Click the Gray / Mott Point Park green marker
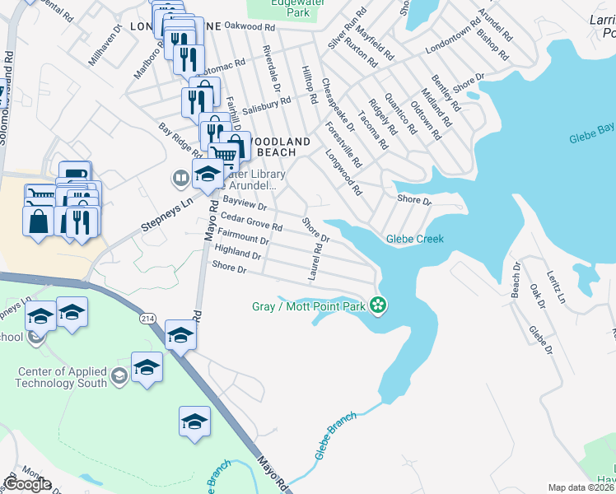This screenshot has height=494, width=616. pyautogui.click(x=378, y=306)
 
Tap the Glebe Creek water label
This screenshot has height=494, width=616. pyautogui.click(x=415, y=240)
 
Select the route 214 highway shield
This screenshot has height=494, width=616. pyautogui.click(x=147, y=318)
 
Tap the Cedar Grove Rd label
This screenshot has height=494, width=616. pyautogui.click(x=252, y=222)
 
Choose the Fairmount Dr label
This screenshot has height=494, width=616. pyautogui.click(x=245, y=237)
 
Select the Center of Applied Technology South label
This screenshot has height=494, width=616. pyautogui.click(x=63, y=378)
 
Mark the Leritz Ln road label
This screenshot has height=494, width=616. pyautogui.click(x=558, y=287)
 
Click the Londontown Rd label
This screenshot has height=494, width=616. pyautogui.click(x=452, y=36)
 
